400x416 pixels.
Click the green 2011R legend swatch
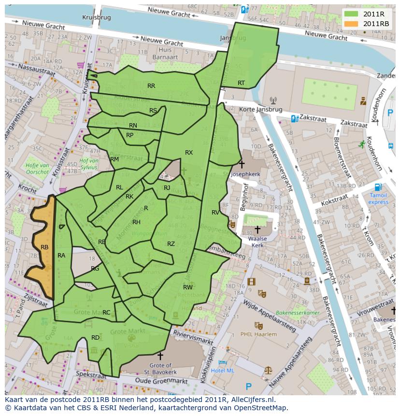351,14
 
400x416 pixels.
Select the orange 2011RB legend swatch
351,24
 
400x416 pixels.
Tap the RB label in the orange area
44,247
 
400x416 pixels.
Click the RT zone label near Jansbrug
241,83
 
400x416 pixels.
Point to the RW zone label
188,287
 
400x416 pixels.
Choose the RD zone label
96,337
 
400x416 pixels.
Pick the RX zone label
189,153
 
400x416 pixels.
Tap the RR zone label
151,86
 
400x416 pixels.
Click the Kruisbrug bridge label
96,17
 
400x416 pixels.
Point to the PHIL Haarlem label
259,334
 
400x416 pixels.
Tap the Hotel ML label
223,371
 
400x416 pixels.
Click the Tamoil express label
378,199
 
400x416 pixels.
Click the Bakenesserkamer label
298,313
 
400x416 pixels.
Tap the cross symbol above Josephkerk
242,165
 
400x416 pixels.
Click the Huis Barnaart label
165,53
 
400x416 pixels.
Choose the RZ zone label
171,244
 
